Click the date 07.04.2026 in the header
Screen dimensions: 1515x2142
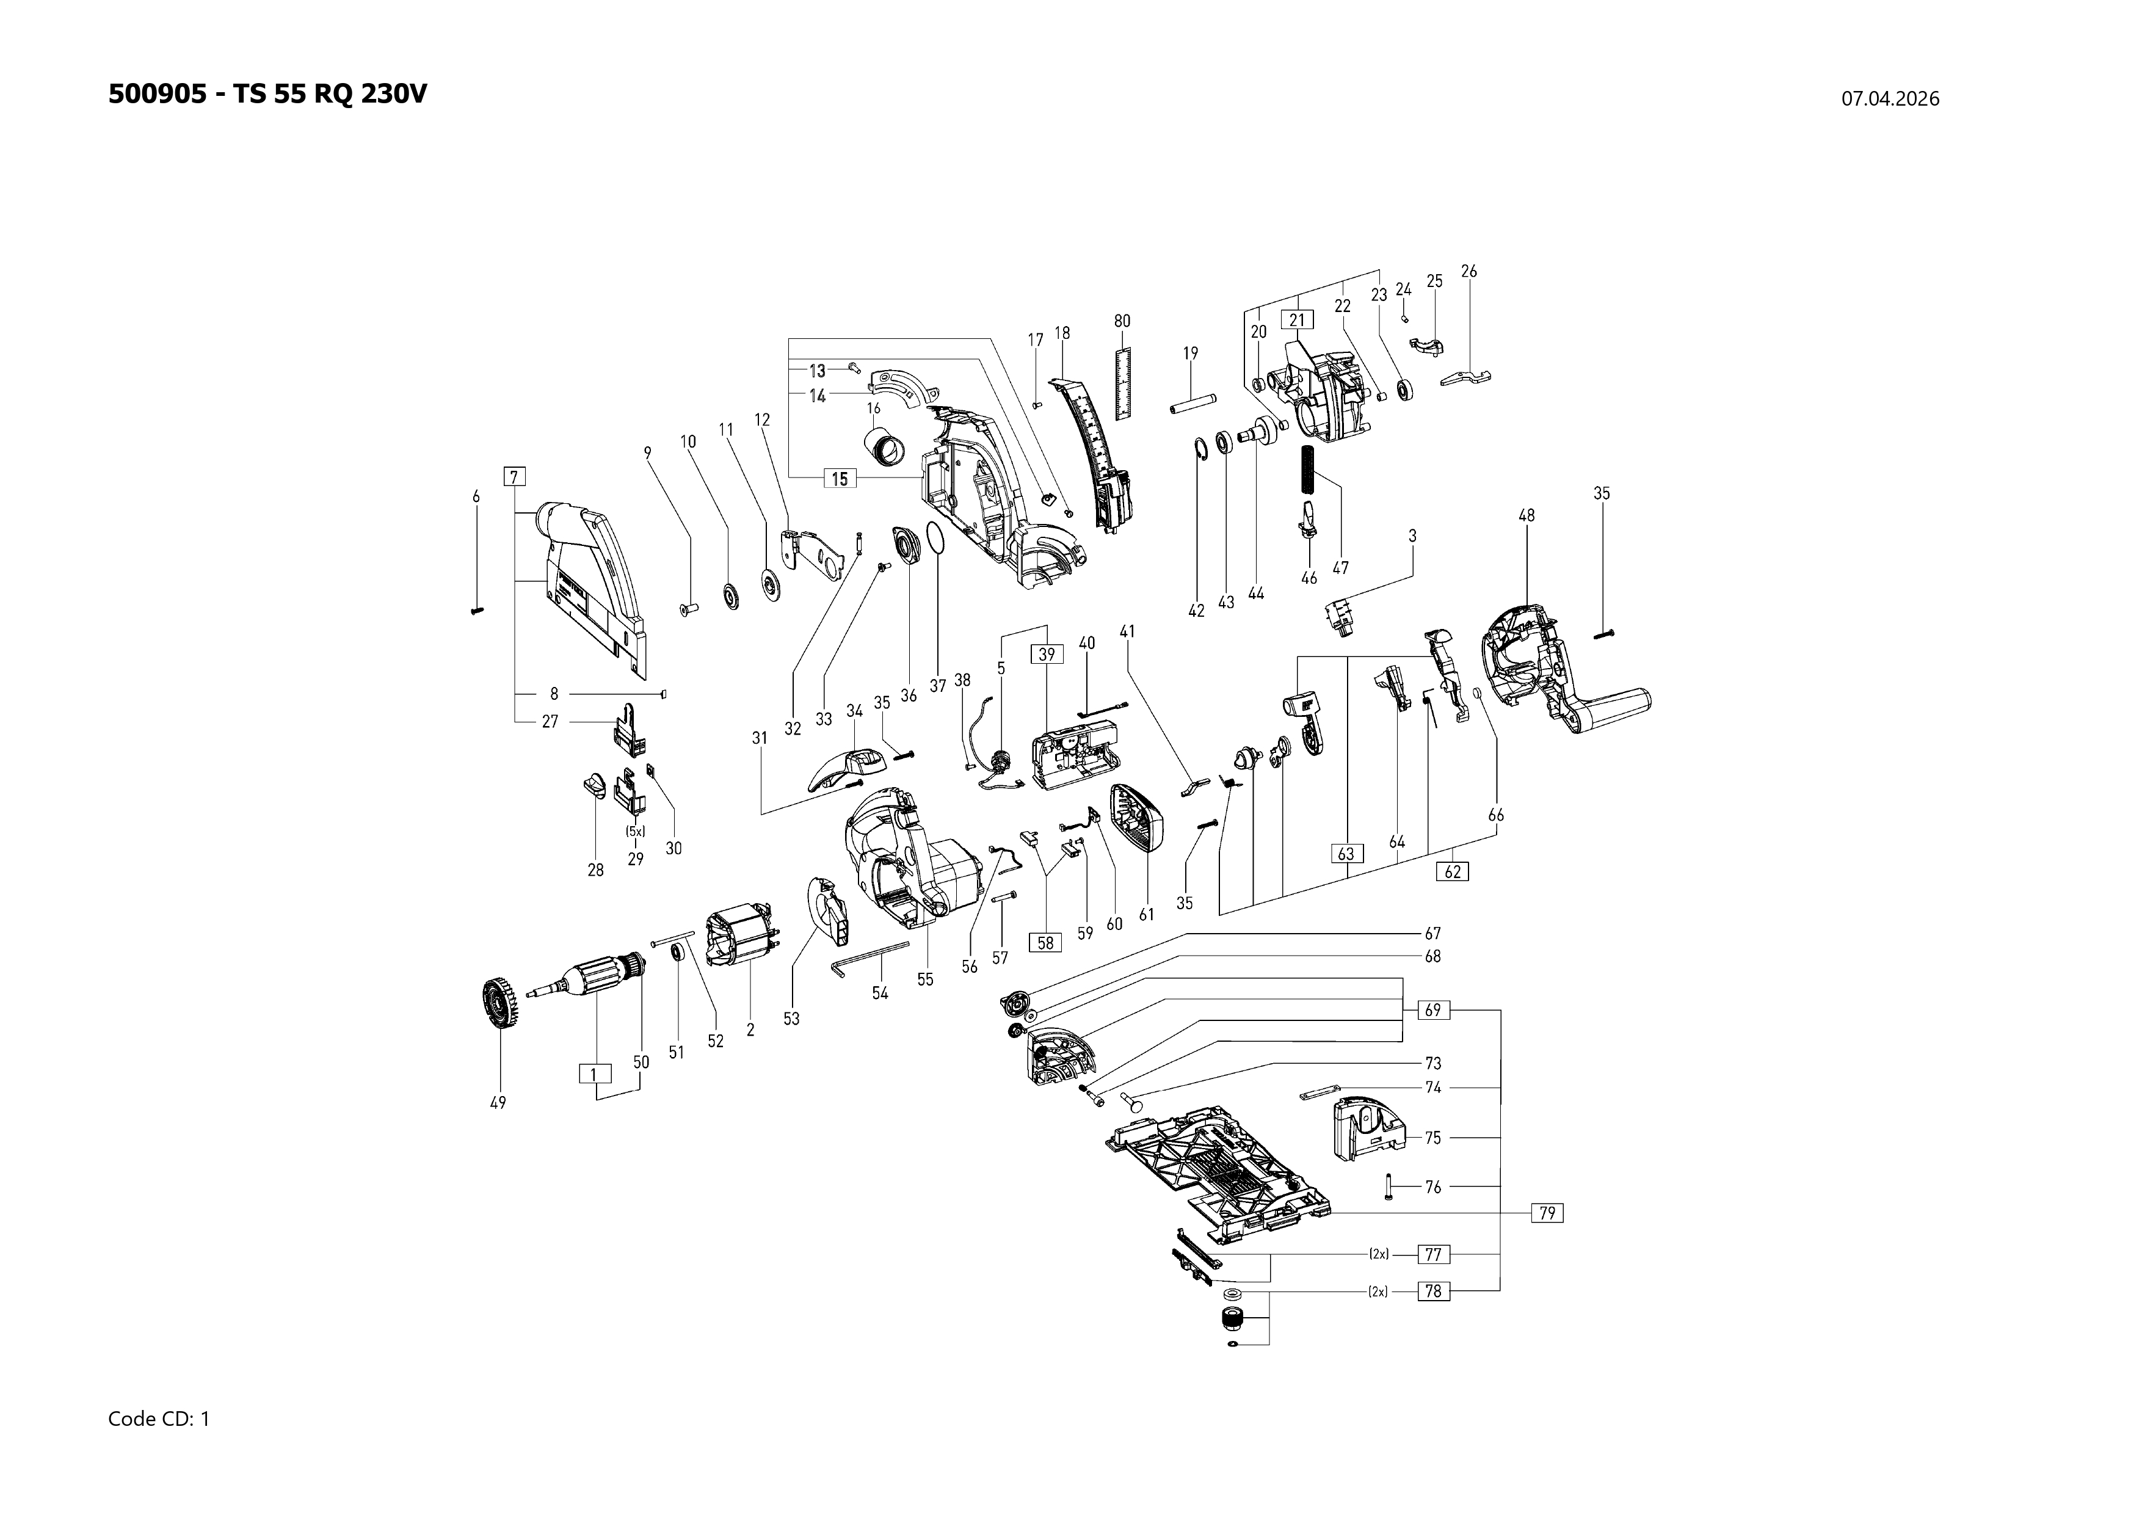coord(1889,99)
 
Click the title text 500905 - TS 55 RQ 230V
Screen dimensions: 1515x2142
coord(267,94)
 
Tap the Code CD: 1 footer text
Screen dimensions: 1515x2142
coord(159,1419)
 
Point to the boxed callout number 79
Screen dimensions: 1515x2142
coord(1547,1213)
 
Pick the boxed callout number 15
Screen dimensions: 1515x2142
coord(840,479)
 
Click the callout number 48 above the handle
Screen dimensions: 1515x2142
coord(1527,515)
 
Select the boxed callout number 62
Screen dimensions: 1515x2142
coord(1453,871)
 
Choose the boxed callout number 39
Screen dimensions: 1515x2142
coord(1047,654)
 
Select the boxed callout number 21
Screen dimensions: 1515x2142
coord(1297,320)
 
